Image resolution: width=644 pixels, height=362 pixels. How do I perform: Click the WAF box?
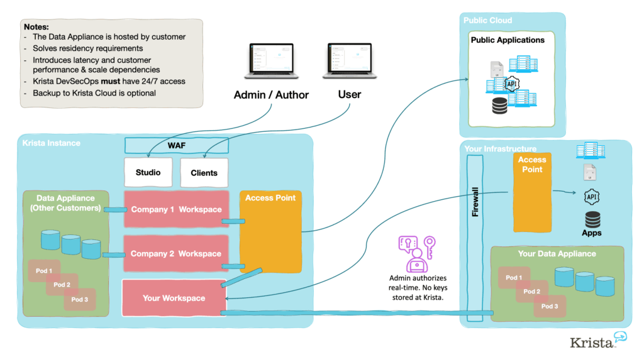176,146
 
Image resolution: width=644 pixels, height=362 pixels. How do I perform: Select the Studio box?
148,172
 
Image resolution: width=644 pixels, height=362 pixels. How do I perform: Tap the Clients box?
204,173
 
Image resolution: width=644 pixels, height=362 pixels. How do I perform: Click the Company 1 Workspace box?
175,209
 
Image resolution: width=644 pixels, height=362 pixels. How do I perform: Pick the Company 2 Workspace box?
175,254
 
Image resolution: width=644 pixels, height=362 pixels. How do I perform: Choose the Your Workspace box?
174,297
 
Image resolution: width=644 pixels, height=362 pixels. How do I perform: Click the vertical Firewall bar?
475,201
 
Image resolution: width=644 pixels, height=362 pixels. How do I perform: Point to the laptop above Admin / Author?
272,62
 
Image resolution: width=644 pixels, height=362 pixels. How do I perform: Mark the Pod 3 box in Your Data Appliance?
550,306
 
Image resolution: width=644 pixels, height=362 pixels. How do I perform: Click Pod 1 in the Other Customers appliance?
44,271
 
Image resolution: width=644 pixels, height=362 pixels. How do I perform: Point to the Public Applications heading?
508,40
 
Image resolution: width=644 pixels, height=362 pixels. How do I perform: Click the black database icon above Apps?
592,219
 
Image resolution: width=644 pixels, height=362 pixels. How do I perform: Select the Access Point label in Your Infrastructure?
532,165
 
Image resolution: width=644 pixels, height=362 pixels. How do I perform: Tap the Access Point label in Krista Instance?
270,198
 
